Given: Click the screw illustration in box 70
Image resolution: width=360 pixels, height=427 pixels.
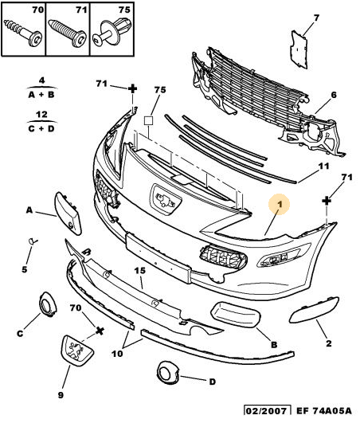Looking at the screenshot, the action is (x=23, y=33).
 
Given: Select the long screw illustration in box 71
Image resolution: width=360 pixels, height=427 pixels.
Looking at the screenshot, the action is (x=67, y=33).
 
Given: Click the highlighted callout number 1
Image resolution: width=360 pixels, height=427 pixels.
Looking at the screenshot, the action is (x=280, y=204).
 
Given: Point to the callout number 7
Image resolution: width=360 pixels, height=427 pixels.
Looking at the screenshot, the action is (x=316, y=18).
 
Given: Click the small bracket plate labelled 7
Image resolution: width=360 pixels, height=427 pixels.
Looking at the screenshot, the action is (x=299, y=49).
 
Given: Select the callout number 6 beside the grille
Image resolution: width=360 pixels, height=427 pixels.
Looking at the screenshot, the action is (x=334, y=95).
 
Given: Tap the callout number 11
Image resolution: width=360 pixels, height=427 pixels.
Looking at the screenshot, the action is (x=323, y=166).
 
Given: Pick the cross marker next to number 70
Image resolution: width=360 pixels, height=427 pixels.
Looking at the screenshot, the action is (x=100, y=331).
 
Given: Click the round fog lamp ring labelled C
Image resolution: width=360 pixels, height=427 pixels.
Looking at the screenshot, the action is (x=48, y=305).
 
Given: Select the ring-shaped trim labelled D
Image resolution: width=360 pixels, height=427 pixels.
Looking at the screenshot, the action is (x=168, y=372).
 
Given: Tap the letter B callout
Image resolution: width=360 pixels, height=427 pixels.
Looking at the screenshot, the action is (x=274, y=344).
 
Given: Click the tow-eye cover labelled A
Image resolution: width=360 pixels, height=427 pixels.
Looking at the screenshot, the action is (x=68, y=213).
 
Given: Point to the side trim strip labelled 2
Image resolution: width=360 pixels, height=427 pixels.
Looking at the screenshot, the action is (x=314, y=310).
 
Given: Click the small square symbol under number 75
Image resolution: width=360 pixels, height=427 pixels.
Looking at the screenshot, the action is (x=148, y=120).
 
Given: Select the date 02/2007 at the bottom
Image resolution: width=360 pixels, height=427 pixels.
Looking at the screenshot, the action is (x=266, y=410).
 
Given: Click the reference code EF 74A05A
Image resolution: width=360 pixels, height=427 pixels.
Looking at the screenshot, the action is (x=324, y=410).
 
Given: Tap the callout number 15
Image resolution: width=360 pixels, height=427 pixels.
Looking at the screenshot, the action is (x=140, y=270).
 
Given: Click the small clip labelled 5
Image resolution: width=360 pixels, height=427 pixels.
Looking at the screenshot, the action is (x=33, y=241).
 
